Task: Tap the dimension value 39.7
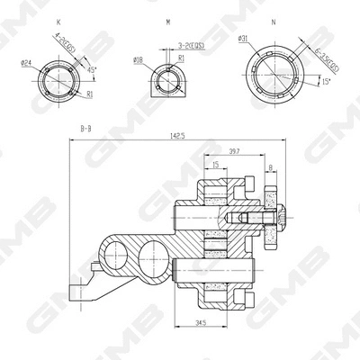234,151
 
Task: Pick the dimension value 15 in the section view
217,164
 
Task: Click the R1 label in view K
91,93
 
